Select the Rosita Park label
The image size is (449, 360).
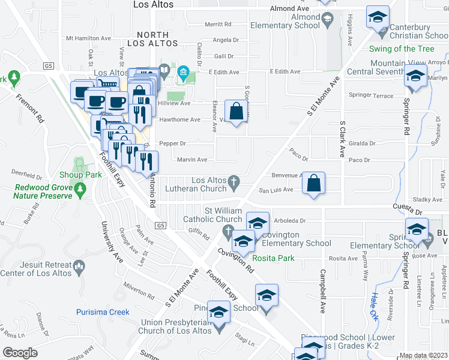(273, 259)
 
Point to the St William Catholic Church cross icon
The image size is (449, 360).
(228, 231)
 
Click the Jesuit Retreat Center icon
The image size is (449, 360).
(78, 266)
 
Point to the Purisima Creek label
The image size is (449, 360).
(103, 312)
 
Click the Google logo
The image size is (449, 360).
(20, 353)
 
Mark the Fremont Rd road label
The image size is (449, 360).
(29, 109)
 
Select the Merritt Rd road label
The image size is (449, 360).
(218, 24)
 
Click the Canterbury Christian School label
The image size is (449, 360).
(417, 32)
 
